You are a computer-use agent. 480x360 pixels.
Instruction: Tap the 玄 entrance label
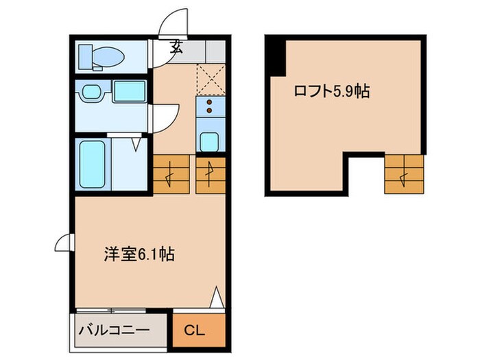[x=177, y=47]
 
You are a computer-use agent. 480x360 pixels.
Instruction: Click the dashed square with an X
[x=211, y=79]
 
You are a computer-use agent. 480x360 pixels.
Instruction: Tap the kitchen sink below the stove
[x=210, y=141]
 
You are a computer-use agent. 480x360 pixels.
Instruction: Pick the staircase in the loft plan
[x=404, y=173]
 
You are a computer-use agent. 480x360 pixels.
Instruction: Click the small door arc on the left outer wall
[x=62, y=241]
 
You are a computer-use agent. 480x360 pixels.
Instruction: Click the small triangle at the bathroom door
[x=137, y=144]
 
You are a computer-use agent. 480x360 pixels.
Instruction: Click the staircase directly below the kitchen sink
[x=211, y=174]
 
